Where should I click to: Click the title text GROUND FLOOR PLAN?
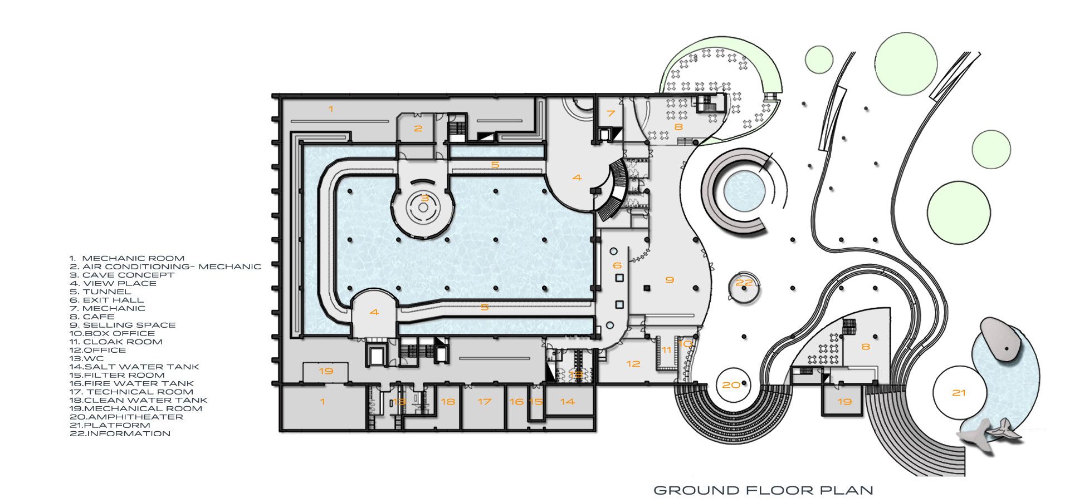pyautogui.click(x=763, y=490)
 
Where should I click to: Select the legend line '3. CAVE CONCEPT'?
pyautogui.click(x=122, y=275)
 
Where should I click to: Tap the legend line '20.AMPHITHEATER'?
pyautogui.click(x=126, y=417)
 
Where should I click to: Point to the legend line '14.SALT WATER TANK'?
pyautogui.click(x=134, y=367)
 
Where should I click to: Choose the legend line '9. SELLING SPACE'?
pyautogui.click(x=123, y=325)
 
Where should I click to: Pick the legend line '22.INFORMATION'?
pyautogui.click(x=120, y=433)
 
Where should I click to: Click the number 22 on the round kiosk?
pyautogui.click(x=744, y=283)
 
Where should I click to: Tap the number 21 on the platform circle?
pyautogui.click(x=959, y=393)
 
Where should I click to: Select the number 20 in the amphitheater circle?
pyautogui.click(x=731, y=385)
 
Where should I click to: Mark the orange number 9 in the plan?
pyautogui.click(x=670, y=280)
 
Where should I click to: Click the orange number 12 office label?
pyautogui.click(x=633, y=364)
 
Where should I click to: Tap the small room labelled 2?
pyautogui.click(x=417, y=128)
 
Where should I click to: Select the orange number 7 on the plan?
pyautogui.click(x=611, y=114)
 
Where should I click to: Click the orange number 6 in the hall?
pyautogui.click(x=617, y=265)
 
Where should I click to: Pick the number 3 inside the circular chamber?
pyautogui.click(x=425, y=198)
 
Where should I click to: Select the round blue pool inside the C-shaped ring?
pyautogui.click(x=744, y=191)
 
